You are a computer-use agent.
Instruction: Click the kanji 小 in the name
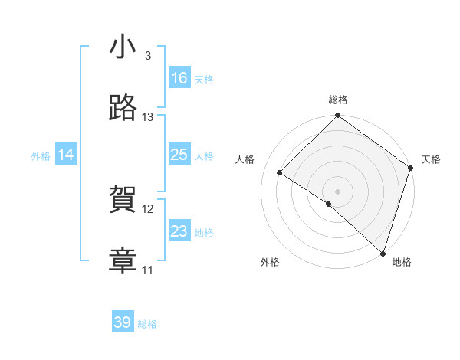123,47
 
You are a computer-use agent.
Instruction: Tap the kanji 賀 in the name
123,201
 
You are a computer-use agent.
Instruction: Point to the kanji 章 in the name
123,261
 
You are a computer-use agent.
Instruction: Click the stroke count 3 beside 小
148,56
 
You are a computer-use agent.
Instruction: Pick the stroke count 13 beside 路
148,117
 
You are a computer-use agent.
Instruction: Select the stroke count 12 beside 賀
148,209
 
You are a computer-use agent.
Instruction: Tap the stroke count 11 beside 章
148,270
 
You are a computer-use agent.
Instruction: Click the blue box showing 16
179,78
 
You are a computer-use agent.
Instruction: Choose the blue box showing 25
179,155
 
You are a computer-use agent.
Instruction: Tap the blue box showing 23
179,231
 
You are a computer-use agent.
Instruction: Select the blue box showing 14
66,155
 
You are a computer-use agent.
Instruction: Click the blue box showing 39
123,322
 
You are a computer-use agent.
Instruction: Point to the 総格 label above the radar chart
338,100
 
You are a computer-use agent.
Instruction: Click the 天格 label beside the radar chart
431,159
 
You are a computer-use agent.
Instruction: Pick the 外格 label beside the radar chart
270,262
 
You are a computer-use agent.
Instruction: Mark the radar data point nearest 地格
382,252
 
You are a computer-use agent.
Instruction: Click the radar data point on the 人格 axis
280,173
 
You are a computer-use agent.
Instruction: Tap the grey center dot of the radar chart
337,191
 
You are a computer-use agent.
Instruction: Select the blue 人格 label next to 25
204,155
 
